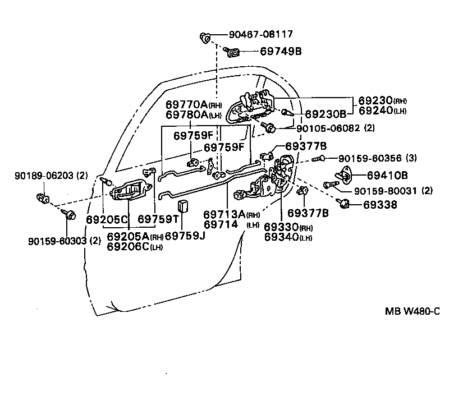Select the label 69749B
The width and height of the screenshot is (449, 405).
pos(281,51)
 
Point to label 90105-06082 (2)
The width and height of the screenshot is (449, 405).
pos(335,128)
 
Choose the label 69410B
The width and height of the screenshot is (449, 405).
pos(387,175)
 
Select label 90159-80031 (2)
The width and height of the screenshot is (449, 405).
pos(393,191)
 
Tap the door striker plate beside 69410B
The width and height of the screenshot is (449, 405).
pos(344,174)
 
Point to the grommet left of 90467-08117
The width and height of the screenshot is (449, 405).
pos(205,38)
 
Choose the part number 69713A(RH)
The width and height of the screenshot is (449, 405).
pos(232,214)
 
